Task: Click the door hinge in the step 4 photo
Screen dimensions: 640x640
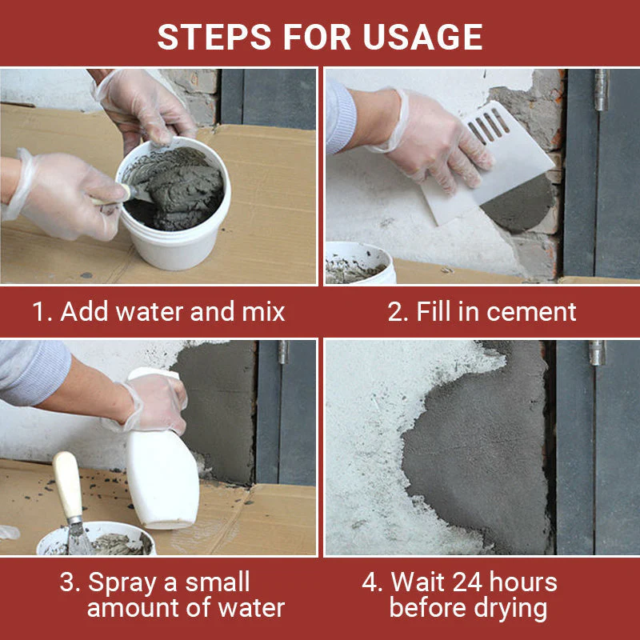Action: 597,352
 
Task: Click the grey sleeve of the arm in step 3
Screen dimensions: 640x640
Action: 32,372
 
